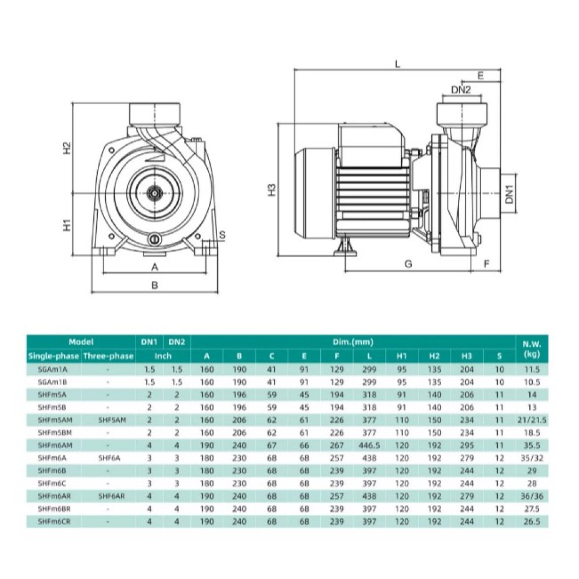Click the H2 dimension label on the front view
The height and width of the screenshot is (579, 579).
67,148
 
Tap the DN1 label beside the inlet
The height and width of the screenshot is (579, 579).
510,194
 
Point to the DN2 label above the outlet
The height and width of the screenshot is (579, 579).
461,89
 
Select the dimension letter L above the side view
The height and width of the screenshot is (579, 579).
397,64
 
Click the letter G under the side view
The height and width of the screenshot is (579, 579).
408,263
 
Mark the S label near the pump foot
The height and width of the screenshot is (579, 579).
222,235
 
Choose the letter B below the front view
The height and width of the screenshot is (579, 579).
155,285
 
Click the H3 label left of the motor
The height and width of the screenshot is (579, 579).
272,190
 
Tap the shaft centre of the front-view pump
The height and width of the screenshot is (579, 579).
153,192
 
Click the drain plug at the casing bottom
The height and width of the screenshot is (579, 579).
155,240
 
